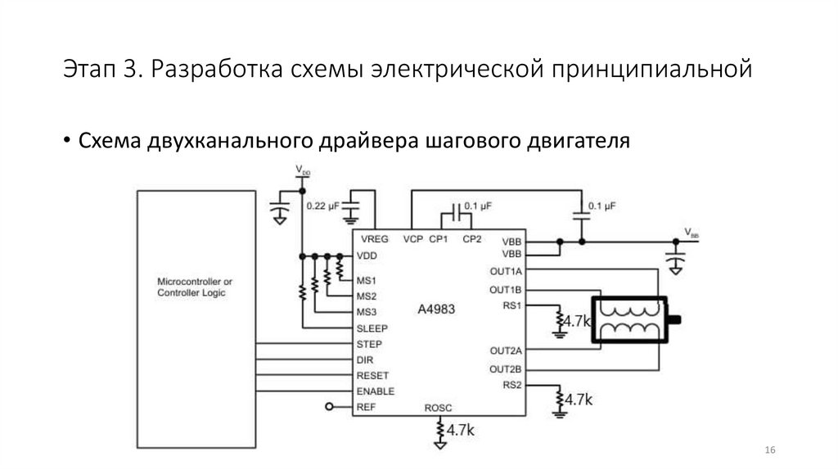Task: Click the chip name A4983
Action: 436,310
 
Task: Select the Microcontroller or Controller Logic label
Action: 195,287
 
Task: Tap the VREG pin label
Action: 372,240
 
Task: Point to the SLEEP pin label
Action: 372,328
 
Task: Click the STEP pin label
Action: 369,344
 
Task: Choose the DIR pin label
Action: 365,359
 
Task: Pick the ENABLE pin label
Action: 376,391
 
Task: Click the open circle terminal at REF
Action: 330,407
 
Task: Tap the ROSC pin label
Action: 439,407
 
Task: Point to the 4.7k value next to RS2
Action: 579,400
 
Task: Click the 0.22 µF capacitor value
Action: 322,207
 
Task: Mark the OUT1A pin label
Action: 506,271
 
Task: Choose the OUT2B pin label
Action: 506,368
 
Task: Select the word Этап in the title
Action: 89,70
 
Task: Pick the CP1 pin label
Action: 439,240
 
